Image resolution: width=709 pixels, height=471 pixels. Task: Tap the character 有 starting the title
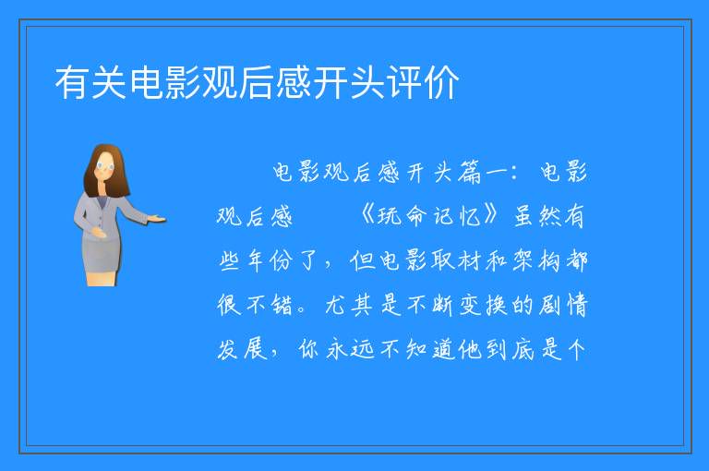point(72,82)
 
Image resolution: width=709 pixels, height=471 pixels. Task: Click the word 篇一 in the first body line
point(483,173)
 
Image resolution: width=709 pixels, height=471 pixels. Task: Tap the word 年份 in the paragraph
point(268,260)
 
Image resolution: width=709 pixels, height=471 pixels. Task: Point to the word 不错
point(270,304)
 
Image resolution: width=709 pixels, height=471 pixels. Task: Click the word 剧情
point(563,304)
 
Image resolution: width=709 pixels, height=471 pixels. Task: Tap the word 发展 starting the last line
point(243,348)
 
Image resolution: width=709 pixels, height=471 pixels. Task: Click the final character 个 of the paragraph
point(576,348)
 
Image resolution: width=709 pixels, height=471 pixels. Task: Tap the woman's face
point(105,165)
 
